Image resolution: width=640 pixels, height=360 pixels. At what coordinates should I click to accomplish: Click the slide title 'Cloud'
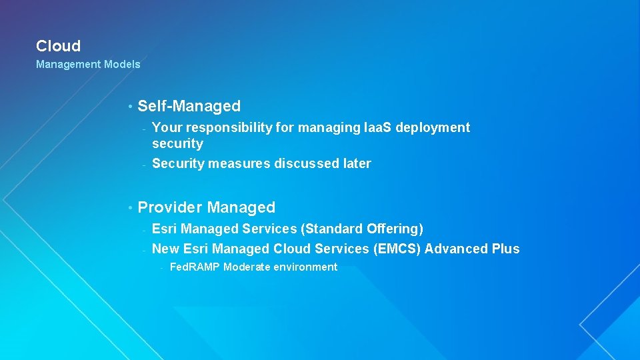[58, 46]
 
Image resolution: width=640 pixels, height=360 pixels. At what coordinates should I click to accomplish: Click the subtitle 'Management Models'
[88, 65]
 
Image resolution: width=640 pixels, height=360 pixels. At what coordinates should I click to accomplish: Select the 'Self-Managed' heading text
[189, 106]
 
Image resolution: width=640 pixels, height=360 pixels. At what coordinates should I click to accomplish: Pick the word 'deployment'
[433, 127]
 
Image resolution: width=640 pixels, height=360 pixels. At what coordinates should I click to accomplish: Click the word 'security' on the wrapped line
[177, 143]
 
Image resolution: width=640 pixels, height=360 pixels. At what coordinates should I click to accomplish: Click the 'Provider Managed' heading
[206, 207]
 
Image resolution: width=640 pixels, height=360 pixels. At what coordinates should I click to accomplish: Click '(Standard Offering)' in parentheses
[362, 229]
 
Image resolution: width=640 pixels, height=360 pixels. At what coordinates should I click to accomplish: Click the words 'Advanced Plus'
[472, 249]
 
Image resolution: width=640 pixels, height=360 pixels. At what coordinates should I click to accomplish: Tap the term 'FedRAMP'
[195, 267]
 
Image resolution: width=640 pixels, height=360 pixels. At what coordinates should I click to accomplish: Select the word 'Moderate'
[247, 267]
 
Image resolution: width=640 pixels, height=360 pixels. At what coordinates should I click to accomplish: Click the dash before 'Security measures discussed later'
[143, 165]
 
